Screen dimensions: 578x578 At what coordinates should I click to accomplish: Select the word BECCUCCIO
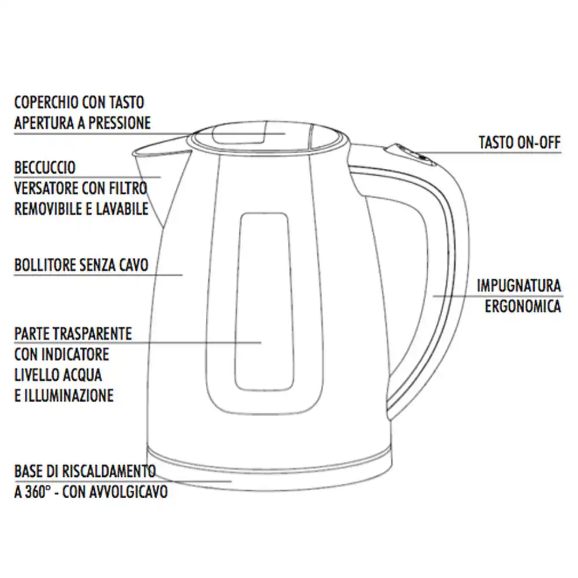coord(45,168)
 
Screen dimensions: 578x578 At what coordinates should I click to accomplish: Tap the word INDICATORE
coord(75,354)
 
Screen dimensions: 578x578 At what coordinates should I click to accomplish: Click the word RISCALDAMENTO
coord(109,471)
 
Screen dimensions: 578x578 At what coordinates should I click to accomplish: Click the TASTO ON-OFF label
coord(520,142)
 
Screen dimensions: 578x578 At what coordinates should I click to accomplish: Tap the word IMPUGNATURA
coord(519,286)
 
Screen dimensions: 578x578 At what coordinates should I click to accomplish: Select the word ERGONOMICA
coord(523,306)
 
